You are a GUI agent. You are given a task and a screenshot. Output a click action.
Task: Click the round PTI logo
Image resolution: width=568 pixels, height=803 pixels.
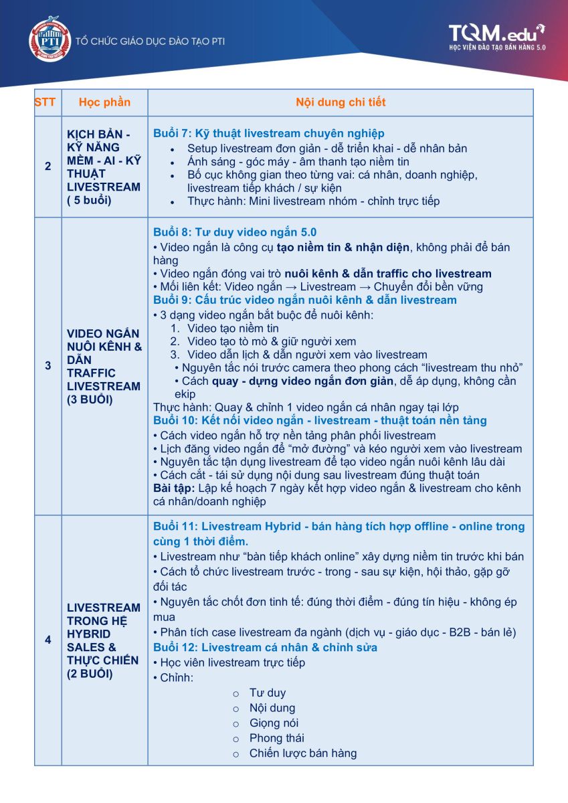(x=50, y=40)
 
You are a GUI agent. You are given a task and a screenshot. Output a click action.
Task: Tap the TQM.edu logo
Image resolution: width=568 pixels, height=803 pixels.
(x=496, y=37)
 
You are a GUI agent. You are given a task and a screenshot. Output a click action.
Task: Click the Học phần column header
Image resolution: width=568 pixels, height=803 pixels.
(x=104, y=102)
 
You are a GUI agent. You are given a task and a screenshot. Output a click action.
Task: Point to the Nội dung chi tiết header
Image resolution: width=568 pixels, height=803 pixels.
(x=341, y=102)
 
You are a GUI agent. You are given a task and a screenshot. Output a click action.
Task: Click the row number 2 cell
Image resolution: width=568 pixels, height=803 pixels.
(x=48, y=167)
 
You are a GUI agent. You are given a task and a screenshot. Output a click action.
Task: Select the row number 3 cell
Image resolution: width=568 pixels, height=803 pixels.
(x=48, y=366)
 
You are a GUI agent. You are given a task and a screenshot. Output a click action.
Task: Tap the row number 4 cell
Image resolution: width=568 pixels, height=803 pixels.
(x=48, y=640)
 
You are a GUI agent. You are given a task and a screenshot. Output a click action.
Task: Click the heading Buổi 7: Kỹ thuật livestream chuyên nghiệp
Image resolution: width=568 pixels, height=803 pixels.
(x=268, y=133)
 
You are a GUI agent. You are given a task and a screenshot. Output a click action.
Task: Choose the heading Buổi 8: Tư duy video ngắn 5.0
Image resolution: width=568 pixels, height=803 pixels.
(x=235, y=232)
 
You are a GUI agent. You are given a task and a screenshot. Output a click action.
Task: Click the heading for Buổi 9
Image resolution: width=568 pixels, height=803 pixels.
(x=304, y=300)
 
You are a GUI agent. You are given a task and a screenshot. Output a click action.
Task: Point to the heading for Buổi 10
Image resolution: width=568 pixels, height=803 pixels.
(x=320, y=420)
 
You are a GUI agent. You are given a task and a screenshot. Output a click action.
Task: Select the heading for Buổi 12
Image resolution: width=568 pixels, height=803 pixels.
(x=265, y=647)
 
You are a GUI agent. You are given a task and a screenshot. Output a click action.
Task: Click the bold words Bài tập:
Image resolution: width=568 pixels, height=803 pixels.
(x=174, y=488)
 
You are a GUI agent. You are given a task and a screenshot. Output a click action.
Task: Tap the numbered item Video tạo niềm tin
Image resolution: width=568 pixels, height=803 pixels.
(x=233, y=328)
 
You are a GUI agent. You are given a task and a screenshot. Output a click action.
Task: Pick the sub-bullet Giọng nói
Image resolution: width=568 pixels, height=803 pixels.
(x=274, y=723)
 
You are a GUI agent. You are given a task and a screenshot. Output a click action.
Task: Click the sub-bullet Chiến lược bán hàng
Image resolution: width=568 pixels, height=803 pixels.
(x=302, y=753)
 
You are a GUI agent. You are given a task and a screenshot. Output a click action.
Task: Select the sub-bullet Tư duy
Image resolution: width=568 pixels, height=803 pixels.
(x=267, y=693)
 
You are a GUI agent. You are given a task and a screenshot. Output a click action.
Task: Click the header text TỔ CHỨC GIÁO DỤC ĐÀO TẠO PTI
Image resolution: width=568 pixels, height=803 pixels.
(x=150, y=41)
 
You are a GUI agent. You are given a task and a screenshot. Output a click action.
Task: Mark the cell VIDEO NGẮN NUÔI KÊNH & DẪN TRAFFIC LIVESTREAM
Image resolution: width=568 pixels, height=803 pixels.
(x=104, y=366)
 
